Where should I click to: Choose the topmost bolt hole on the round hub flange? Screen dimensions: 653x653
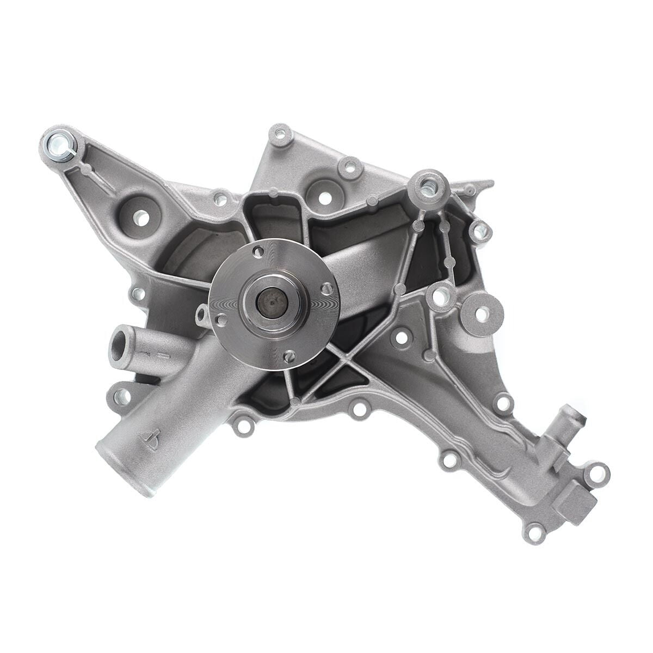tap(259, 251)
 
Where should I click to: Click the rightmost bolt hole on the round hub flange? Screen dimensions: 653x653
tap(327, 288)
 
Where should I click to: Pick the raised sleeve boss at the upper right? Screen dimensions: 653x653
tap(428, 185)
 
